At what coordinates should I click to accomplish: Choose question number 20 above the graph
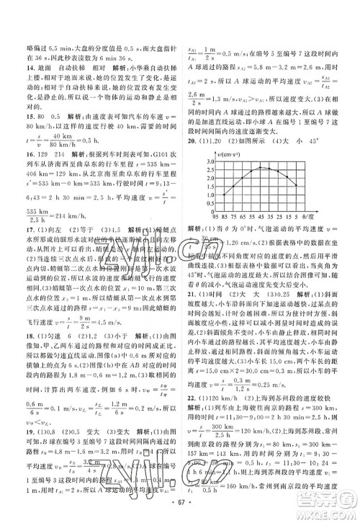click(191, 139)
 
